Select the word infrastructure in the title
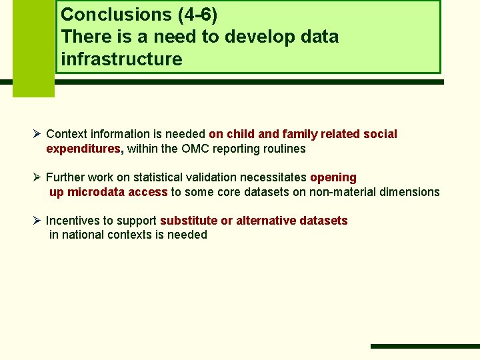121,59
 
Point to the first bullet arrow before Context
37,134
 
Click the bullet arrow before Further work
37,177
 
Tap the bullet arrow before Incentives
37,220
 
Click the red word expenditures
84,149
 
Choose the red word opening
333,177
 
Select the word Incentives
75,220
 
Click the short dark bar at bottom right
424,346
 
